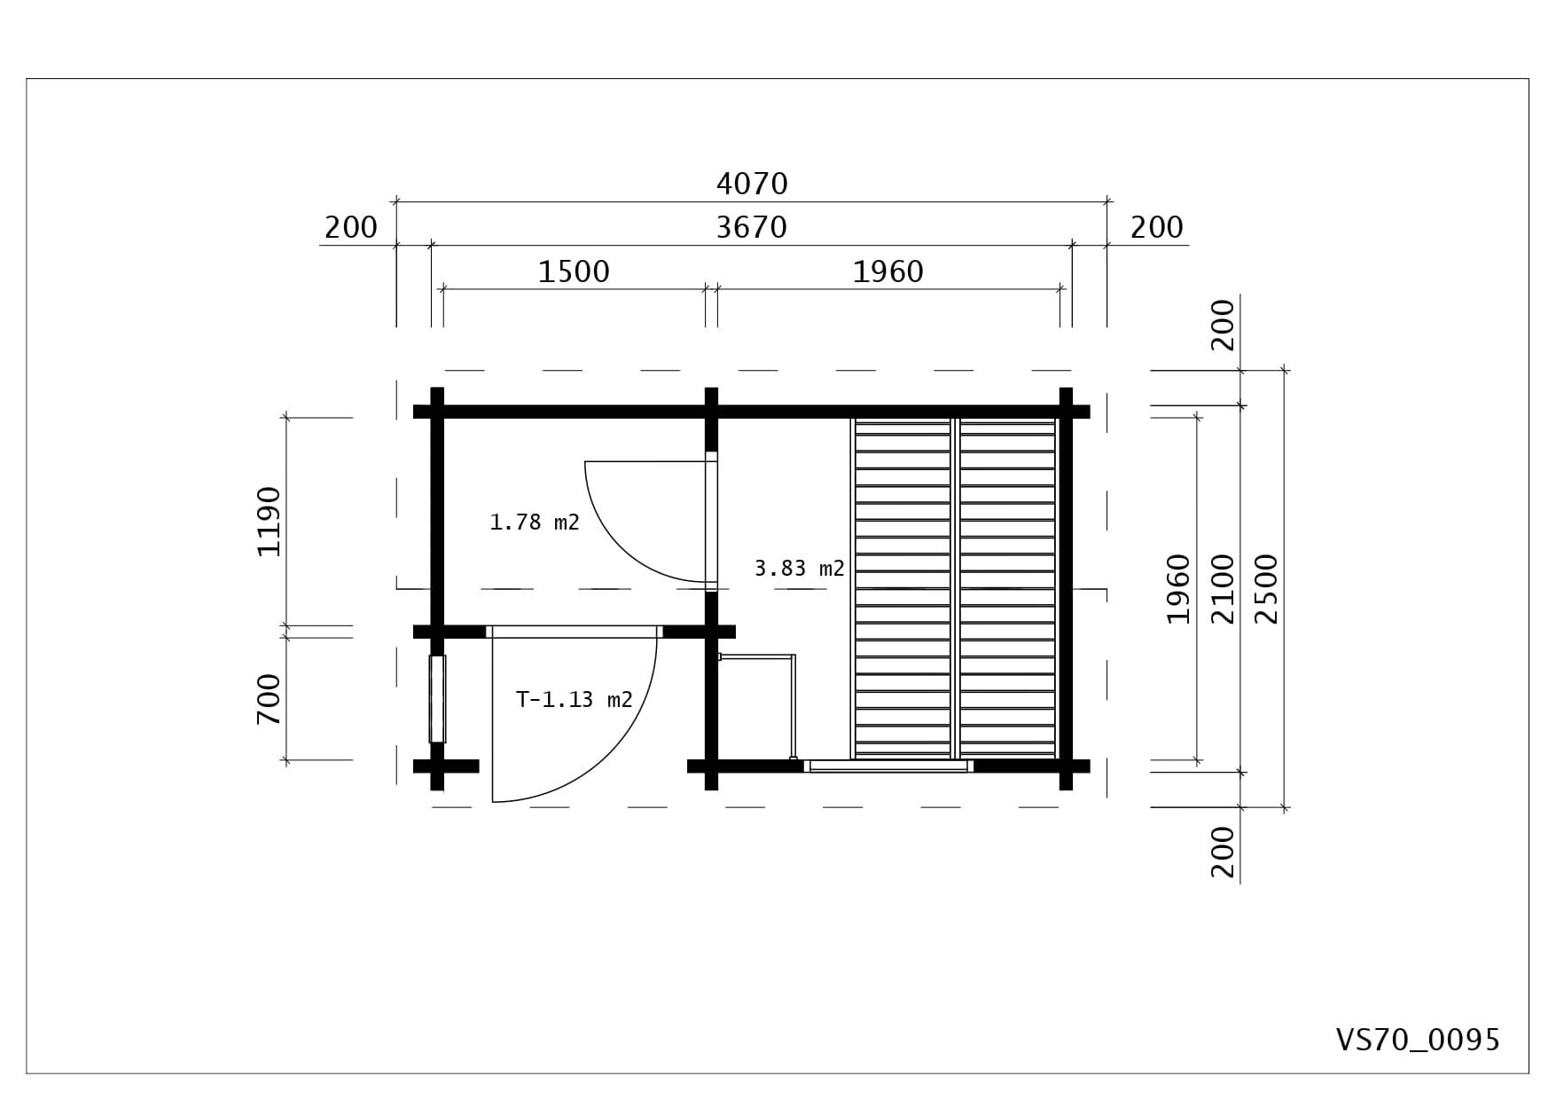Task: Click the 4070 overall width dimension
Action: pyautogui.click(x=752, y=184)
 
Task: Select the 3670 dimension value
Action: pyautogui.click(x=752, y=228)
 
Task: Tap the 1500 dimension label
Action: pyautogui.click(x=574, y=271)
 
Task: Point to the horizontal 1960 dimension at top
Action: pyautogui.click(x=887, y=271)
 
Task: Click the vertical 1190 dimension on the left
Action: pyautogui.click(x=269, y=522)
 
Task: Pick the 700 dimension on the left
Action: pyautogui.click(x=269, y=699)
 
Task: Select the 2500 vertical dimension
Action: pyautogui.click(x=1268, y=589)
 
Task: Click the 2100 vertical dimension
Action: pyautogui.click(x=1223, y=589)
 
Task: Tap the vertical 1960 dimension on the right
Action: pyautogui.click(x=1177, y=589)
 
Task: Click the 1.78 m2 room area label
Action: pyautogui.click(x=535, y=522)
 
